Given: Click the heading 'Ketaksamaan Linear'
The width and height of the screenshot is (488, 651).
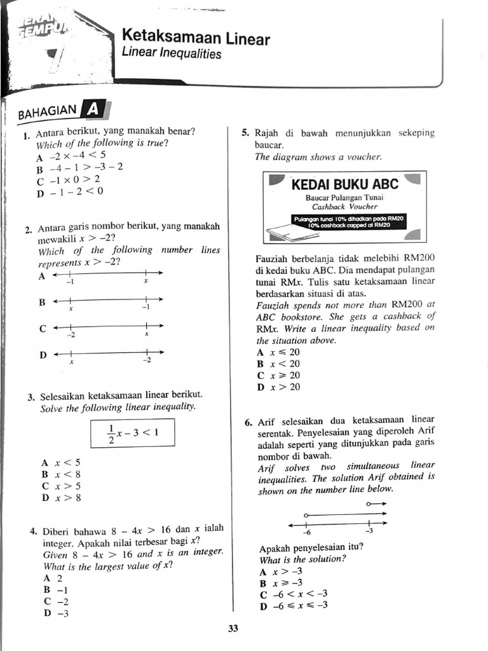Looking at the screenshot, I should click(x=195, y=39).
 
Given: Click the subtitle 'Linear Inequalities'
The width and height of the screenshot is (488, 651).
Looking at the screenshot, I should click(x=172, y=55).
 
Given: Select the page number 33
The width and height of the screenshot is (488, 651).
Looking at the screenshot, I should click(x=233, y=629).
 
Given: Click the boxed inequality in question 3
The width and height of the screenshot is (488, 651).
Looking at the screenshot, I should click(x=132, y=434).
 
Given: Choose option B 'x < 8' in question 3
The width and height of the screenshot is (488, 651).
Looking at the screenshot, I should click(x=62, y=474).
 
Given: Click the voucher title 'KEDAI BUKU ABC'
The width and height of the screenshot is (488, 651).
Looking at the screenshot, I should click(x=344, y=184).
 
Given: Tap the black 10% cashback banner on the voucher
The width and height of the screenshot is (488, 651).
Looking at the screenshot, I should click(x=348, y=221).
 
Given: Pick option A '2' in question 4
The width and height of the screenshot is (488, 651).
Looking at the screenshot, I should click(x=53, y=578).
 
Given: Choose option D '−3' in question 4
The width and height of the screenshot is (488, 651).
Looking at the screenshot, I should click(x=56, y=613).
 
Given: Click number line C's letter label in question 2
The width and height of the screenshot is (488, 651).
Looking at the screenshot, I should click(x=43, y=329).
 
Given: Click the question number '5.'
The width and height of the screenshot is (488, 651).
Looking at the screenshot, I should click(x=245, y=134).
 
